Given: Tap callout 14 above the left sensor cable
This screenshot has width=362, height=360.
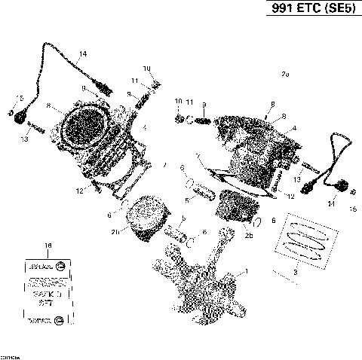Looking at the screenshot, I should click(82, 53).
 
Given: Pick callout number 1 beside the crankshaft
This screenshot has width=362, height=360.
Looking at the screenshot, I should click(241, 270).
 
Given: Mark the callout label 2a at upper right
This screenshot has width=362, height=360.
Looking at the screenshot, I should click(284, 75).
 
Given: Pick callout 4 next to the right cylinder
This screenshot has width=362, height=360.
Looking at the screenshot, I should click(293, 128).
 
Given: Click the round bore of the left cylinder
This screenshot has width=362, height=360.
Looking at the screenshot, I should click(81, 126).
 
